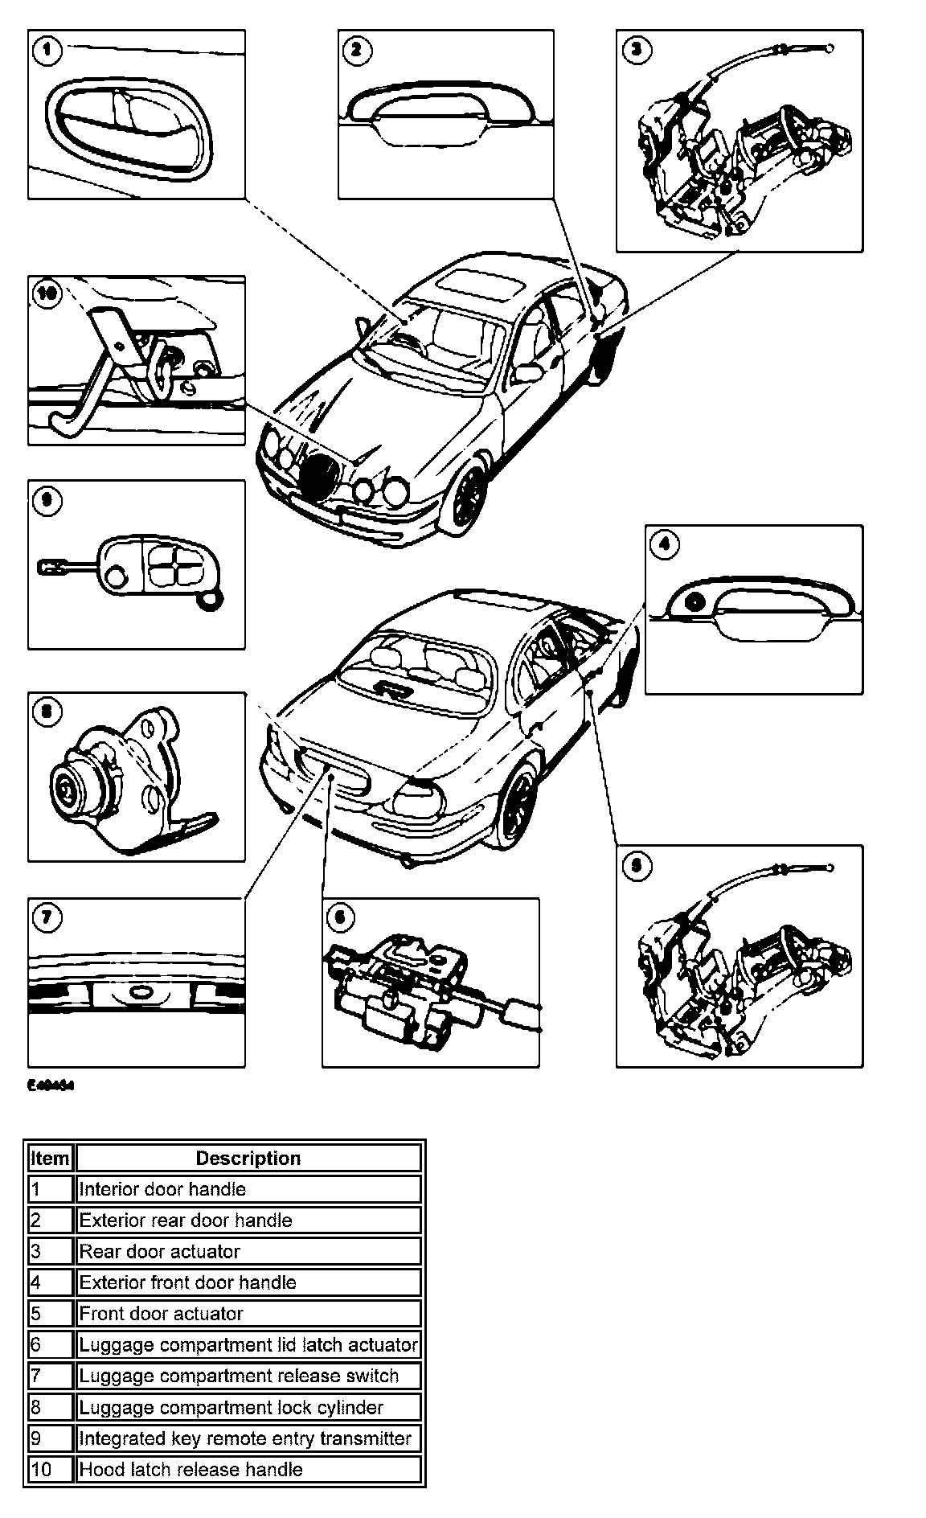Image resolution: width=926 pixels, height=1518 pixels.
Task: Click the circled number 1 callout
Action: click(x=47, y=51)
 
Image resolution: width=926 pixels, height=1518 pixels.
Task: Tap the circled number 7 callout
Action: click(x=47, y=917)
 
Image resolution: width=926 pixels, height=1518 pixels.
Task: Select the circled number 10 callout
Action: click(x=47, y=295)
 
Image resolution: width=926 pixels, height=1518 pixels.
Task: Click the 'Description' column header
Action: click(x=248, y=1159)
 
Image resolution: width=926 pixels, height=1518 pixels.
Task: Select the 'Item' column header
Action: click(x=49, y=1159)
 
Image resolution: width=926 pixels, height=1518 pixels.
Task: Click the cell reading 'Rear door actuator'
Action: click(x=248, y=1251)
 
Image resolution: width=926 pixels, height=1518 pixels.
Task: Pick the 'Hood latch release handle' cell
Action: click(x=248, y=1469)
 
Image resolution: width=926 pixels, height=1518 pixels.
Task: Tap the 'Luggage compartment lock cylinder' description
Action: click(x=248, y=1407)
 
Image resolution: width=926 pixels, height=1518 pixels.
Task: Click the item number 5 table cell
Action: click(x=49, y=1313)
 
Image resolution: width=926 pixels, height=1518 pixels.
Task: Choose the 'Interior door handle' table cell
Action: click(x=248, y=1189)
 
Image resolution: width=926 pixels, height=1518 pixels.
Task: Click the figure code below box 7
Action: click(x=51, y=1085)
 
